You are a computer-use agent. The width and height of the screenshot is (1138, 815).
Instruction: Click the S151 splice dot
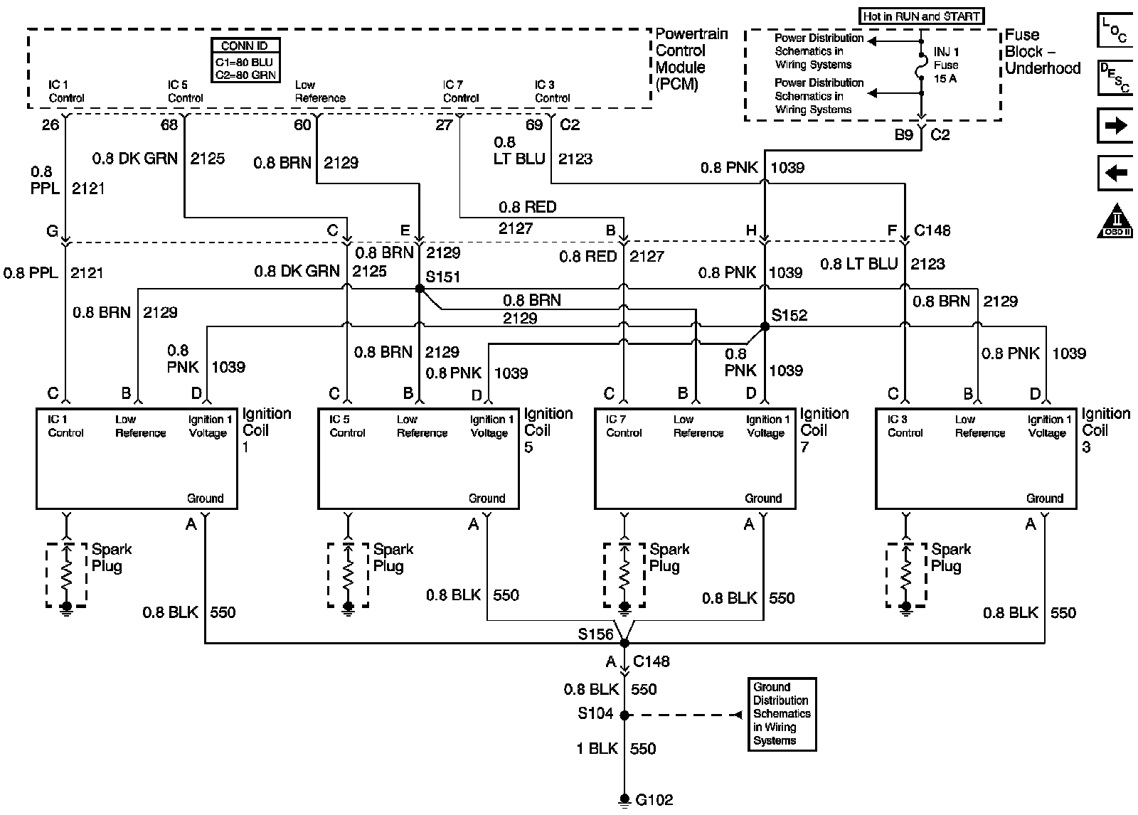420,289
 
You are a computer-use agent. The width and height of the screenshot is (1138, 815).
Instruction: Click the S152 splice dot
765,326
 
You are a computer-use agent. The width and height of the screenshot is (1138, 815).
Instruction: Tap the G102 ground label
654,800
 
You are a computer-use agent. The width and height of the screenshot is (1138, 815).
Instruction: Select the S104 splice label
595,713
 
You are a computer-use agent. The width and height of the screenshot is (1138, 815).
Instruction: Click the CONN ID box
245,60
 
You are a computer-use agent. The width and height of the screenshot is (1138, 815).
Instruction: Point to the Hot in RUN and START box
921,16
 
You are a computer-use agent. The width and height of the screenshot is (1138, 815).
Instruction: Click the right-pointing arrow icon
1115,126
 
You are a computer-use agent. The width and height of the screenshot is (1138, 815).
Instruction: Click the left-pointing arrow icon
1115,174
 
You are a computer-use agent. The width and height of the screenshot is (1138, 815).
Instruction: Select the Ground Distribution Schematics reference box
782,714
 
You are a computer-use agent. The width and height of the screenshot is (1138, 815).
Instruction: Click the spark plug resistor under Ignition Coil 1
67,575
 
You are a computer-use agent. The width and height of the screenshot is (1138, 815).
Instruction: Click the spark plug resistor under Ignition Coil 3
906,575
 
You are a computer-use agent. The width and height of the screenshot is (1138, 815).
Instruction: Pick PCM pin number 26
50,125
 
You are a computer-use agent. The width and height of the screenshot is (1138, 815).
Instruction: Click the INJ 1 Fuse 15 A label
946,65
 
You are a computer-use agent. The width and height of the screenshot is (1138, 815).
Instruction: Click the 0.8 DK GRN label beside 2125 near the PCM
135,159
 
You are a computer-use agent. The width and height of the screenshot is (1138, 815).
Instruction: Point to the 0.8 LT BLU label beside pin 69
519,151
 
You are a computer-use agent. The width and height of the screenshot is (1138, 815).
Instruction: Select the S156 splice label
595,634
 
